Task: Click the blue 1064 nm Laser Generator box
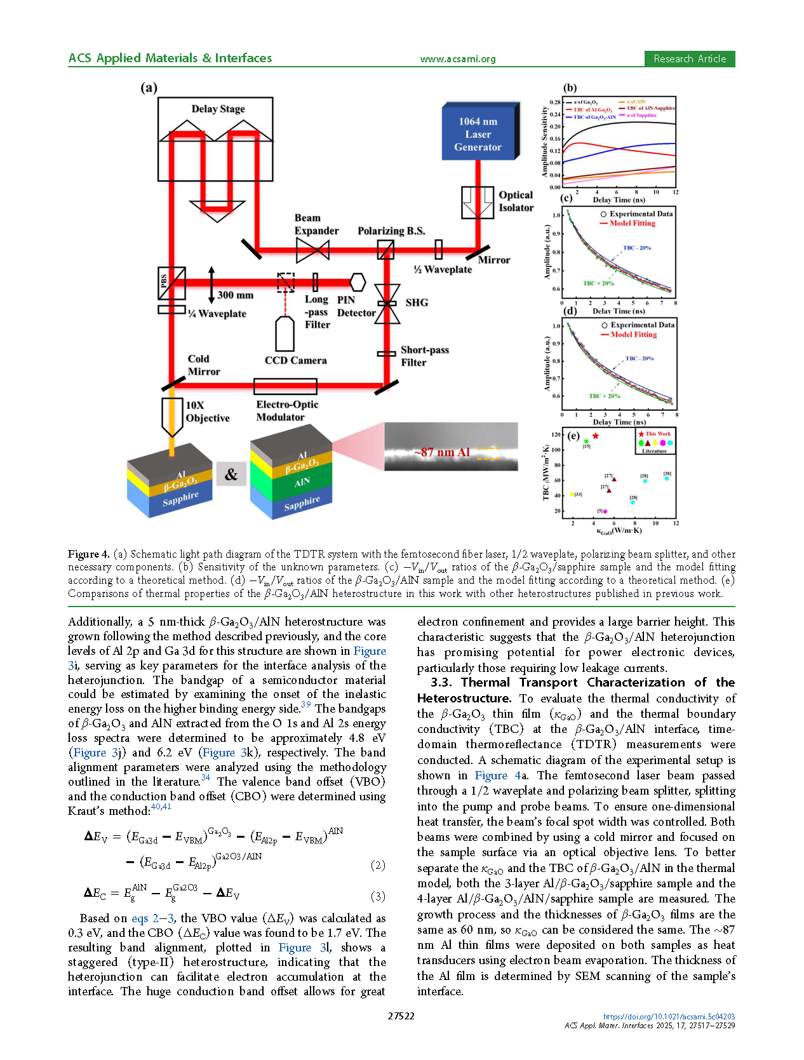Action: pyautogui.click(x=479, y=131)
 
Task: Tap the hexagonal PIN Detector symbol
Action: pyautogui.click(x=357, y=283)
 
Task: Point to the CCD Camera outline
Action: pyautogui.click(x=285, y=333)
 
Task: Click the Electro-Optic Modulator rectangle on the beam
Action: pyautogui.click(x=285, y=386)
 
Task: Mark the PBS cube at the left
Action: pyautogui.click(x=171, y=283)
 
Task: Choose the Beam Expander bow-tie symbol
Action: pyautogui.click(x=312, y=251)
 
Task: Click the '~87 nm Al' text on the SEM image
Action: pyautogui.click(x=441, y=452)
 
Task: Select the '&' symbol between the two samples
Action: pyautogui.click(x=231, y=474)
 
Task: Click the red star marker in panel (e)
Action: pyautogui.click(x=596, y=436)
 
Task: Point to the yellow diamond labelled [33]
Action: pyautogui.click(x=572, y=494)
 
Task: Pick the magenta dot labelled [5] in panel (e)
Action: pyautogui.click(x=605, y=511)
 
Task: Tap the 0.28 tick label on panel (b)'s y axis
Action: pyautogui.click(x=555, y=102)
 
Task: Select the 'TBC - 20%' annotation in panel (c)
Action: pyautogui.click(x=637, y=248)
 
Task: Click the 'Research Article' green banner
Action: pyautogui.click(x=690, y=59)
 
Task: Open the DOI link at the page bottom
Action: pyautogui.click(x=669, y=1016)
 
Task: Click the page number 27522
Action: pyautogui.click(x=401, y=1016)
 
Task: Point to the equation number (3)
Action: pyautogui.click(x=378, y=896)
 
